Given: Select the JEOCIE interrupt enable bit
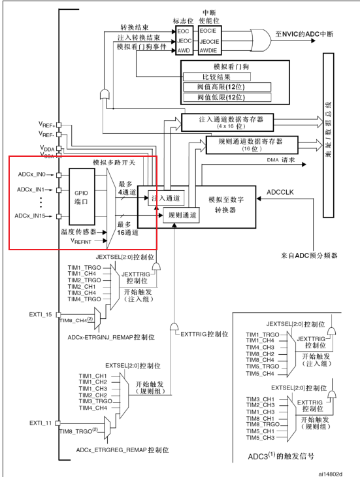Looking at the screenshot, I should pos(206,41).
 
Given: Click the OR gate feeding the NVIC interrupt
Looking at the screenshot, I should pos(266,41).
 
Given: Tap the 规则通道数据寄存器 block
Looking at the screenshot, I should pos(252,144).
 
